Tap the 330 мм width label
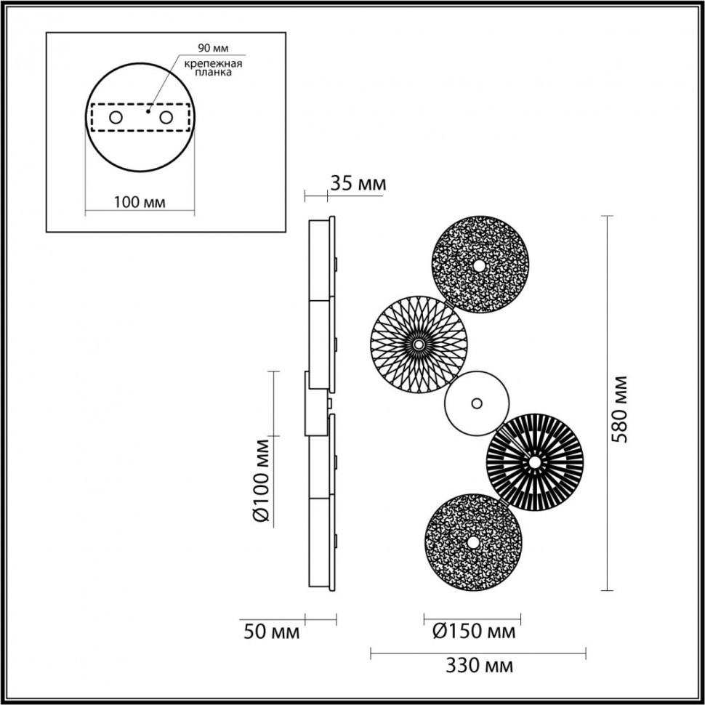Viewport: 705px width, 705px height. point(478,666)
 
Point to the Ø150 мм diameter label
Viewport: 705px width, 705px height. point(472,631)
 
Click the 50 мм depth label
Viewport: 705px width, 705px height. point(270,632)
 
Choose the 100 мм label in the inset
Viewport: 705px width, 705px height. point(140,201)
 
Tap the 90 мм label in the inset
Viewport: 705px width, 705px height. point(214,49)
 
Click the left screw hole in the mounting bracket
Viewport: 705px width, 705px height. point(115,117)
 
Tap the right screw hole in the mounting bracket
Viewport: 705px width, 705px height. point(166,117)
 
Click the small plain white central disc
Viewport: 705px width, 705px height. point(476,403)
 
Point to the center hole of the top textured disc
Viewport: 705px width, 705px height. point(479,266)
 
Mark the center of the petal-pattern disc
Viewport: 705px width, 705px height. point(419,343)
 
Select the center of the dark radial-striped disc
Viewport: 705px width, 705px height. point(534,462)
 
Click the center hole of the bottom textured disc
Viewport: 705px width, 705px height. point(473,542)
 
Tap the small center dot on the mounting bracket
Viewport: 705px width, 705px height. point(147,112)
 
